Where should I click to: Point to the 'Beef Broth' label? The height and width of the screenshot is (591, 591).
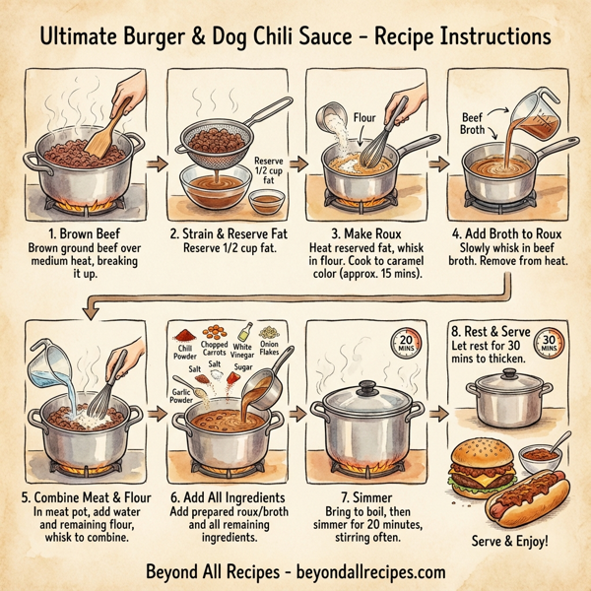478,124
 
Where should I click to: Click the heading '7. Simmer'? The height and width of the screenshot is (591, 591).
363,496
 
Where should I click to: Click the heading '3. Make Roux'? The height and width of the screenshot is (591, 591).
363,233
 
